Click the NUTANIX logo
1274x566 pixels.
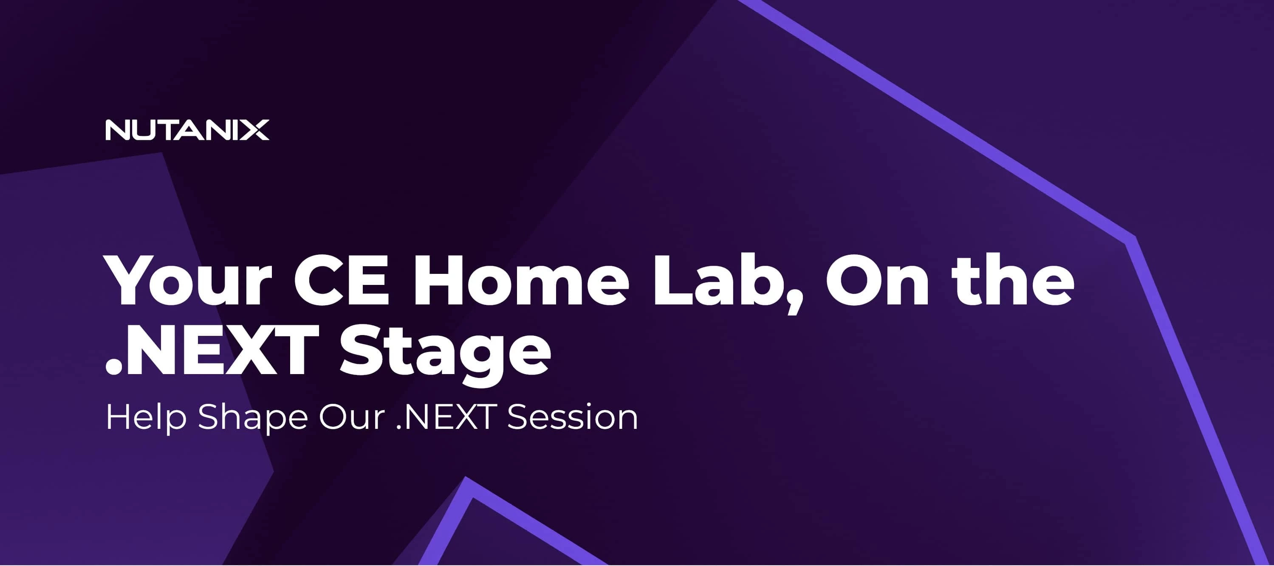pyautogui.click(x=187, y=130)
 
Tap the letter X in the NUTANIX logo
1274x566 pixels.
pyautogui.click(x=257, y=130)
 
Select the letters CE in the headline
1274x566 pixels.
pyautogui.click(x=342, y=280)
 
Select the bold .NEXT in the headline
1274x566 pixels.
pyautogui.click(x=212, y=351)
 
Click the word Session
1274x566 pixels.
pyautogui.click(x=573, y=418)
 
